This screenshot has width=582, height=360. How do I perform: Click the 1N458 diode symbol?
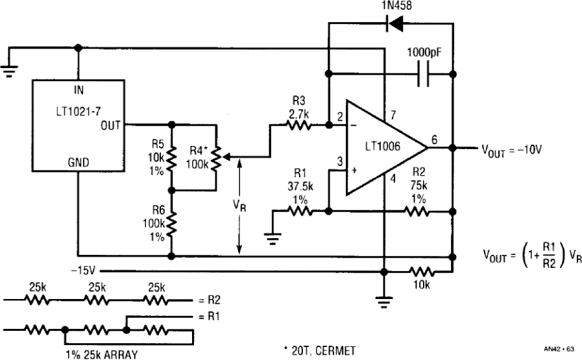pyautogui.click(x=395, y=24)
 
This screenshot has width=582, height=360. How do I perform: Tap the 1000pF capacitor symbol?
pyautogui.click(x=424, y=74)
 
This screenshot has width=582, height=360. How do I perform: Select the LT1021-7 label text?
pyautogui.click(x=79, y=111)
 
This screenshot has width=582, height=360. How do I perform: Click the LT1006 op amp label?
pyautogui.click(x=383, y=146)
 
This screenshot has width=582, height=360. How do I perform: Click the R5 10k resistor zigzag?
pyautogui.click(x=171, y=157)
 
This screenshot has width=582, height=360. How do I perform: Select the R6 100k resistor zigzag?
pyautogui.click(x=171, y=223)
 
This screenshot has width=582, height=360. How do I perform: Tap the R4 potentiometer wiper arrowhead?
pyautogui.click(x=226, y=157)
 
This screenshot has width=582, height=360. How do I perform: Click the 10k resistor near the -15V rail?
pyautogui.click(x=422, y=272)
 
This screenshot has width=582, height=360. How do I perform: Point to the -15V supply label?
pyautogui.click(x=83, y=271)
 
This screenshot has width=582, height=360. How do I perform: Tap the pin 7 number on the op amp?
pyautogui.click(x=393, y=115)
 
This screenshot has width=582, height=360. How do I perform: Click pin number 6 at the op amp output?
pyautogui.click(x=434, y=139)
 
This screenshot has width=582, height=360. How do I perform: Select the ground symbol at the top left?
pyautogui.click(x=9, y=71)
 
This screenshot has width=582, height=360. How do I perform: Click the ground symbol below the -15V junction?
pyautogui.click(x=384, y=302)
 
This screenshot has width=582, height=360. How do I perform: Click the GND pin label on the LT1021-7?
pyautogui.click(x=79, y=162)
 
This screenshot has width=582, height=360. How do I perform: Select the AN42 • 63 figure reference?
pyautogui.click(x=559, y=349)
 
